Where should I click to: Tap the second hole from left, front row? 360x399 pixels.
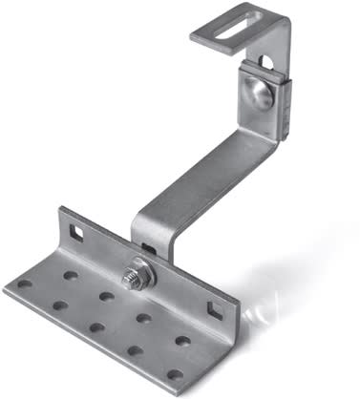tap(59, 306)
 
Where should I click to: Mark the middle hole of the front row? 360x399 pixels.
tap(96, 327)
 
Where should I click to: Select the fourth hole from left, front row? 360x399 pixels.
tap(135, 350)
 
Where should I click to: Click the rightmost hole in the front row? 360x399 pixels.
tap(174, 374)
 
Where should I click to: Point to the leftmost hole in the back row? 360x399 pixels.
tap(70, 274)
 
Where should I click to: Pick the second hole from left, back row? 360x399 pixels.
tap(107, 296)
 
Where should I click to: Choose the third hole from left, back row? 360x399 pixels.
tap(143, 318)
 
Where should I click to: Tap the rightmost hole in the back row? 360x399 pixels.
tap(181, 340)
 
